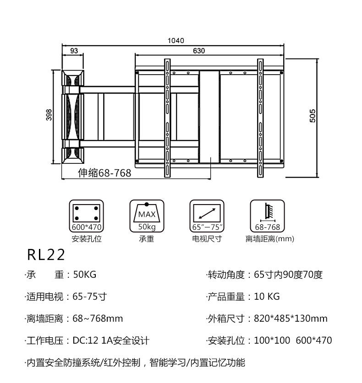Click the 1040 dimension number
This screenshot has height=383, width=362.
(x=176, y=41)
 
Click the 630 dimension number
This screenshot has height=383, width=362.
(x=199, y=51)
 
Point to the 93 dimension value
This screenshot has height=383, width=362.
(x=74, y=51)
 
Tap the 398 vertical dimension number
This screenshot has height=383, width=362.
(x=49, y=115)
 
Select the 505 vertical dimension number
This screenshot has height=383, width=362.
(x=313, y=116)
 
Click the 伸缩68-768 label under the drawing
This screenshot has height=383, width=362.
(x=104, y=173)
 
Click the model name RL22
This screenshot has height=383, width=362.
(x=46, y=254)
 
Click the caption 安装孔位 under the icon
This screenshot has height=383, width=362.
(x=87, y=239)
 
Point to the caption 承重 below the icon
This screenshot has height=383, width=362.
(x=147, y=239)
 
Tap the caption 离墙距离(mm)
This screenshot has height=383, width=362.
(x=269, y=239)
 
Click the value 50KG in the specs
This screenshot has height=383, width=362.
(x=84, y=275)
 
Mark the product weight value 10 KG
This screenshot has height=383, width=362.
(x=267, y=297)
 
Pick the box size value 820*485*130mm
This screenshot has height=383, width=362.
(x=291, y=319)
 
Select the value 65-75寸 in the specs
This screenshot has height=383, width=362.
(x=89, y=297)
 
